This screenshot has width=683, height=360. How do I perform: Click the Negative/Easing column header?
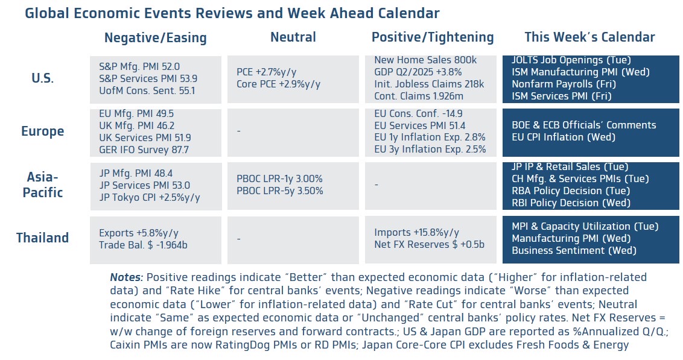click(x=155, y=38)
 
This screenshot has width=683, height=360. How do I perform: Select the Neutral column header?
click(x=293, y=37)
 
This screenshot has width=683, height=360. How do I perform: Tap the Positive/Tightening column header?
click(x=432, y=37)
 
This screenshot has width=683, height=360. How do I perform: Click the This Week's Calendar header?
click(x=589, y=37)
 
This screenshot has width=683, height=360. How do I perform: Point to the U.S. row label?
click(x=42, y=78)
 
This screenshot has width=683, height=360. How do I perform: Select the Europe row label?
click(x=42, y=131)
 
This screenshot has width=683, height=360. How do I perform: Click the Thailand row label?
click(x=42, y=238)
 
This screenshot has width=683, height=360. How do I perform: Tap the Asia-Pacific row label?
click(x=42, y=185)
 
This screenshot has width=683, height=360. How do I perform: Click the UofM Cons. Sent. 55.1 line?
click(x=147, y=91)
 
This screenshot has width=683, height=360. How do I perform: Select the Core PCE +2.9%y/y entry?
click(x=278, y=84)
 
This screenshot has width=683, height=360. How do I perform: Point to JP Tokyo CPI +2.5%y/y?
click(x=149, y=197)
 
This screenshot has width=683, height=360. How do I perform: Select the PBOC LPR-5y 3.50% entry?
click(x=279, y=191)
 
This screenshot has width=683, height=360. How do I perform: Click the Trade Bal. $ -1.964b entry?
click(x=144, y=245)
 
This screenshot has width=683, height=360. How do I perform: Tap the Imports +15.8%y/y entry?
click(x=416, y=232)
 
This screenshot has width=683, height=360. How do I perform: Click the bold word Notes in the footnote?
click(x=126, y=278)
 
